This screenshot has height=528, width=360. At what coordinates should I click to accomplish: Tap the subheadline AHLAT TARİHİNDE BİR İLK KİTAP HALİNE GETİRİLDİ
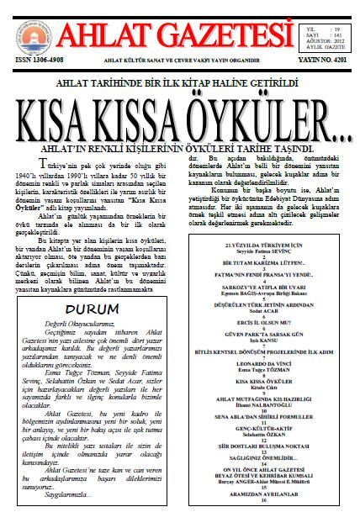pos(180,86)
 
